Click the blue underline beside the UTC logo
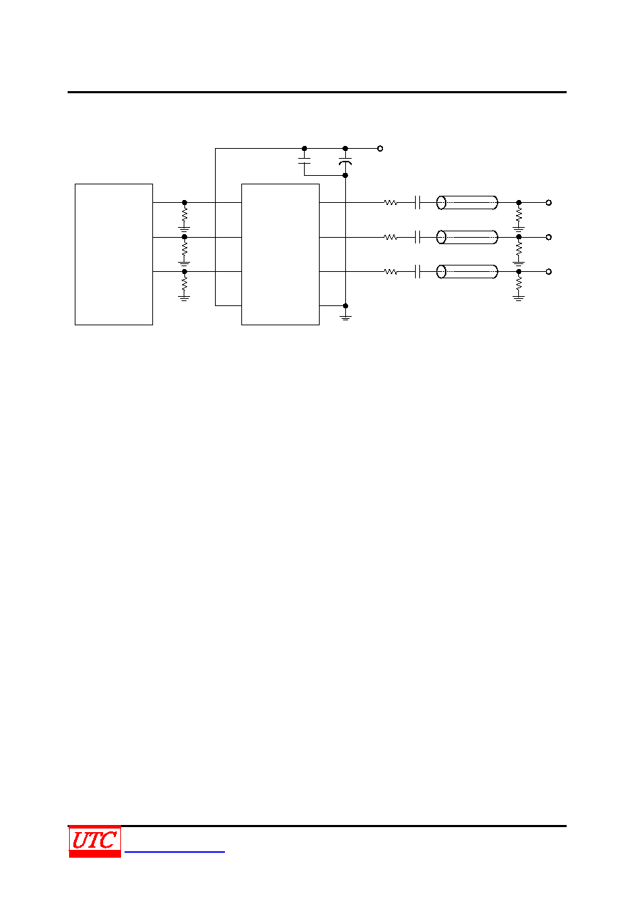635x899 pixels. [174, 851]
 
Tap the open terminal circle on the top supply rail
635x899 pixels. [380, 149]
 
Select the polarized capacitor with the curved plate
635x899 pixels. [345, 162]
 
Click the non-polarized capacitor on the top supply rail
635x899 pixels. [304, 161]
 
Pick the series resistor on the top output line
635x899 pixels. [391, 203]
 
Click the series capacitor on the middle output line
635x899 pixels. [417, 237]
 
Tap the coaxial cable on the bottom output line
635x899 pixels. [467, 272]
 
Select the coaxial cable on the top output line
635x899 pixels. [467, 203]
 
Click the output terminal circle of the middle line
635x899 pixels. [549, 237]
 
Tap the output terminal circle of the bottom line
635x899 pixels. [549, 272]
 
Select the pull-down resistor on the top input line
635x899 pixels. [184, 214]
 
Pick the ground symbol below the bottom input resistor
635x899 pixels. [184, 298]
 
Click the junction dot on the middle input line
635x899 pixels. [184, 237]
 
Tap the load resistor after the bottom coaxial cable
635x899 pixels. [518, 283]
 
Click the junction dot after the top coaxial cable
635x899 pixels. [518, 203]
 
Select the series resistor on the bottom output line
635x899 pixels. [391, 272]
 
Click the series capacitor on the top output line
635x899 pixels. [417, 203]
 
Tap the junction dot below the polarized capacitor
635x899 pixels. [345, 175]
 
